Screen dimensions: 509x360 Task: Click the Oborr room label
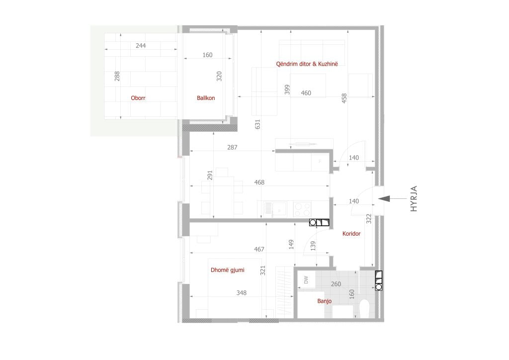(138, 98)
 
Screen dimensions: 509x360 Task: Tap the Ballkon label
(206, 98)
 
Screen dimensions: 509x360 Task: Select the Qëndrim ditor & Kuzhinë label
(307, 64)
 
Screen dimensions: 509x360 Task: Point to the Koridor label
(351, 233)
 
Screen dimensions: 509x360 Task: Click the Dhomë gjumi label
(227, 270)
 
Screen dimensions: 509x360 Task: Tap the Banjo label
(324, 301)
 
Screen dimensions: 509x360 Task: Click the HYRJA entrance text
(414, 199)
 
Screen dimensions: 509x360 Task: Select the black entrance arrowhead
(384, 198)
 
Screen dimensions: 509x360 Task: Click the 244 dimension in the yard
(141, 45)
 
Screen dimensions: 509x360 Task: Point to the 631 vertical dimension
(257, 124)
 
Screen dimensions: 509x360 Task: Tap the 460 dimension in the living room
(306, 93)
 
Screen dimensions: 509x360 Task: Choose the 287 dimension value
(232, 147)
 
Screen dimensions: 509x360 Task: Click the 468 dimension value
(259, 182)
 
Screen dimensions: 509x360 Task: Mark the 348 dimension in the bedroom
(241, 293)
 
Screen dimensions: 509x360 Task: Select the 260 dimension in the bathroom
(336, 284)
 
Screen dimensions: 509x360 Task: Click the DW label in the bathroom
(306, 280)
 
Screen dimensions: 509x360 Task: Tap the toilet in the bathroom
(364, 308)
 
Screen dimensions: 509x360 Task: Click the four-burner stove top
(302, 209)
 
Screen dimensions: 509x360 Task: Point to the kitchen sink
(274, 209)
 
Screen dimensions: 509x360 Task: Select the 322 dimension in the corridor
(368, 219)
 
